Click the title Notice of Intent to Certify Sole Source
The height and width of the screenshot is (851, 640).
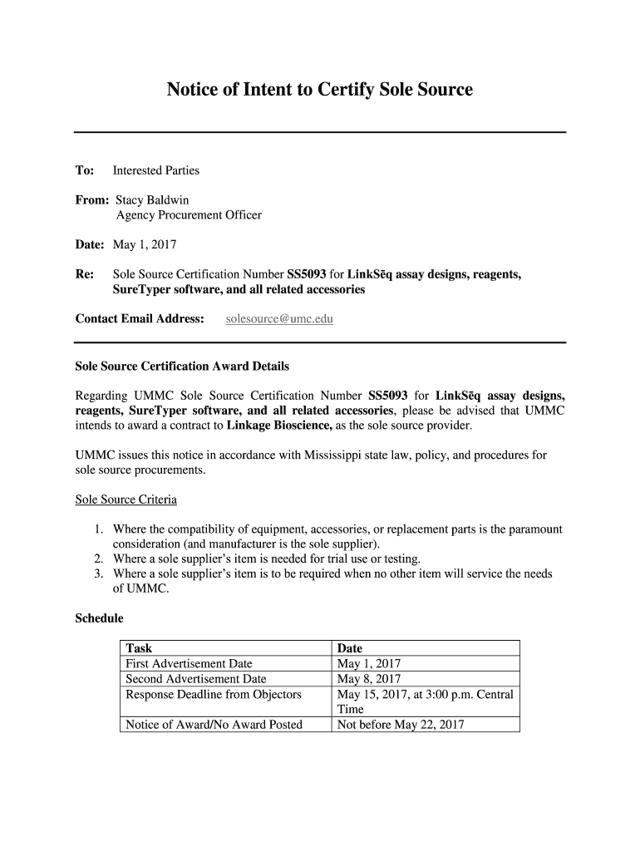[319, 90]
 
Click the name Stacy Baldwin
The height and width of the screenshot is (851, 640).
[150, 200]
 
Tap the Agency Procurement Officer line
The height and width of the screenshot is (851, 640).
[189, 215]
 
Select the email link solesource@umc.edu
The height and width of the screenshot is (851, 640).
[279, 319]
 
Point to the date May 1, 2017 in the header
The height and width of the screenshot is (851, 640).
[145, 245]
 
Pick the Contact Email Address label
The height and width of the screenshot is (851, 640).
[140, 319]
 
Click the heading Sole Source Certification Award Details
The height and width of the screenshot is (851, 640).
[182, 366]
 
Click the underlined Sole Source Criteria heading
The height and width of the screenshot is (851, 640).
[126, 499]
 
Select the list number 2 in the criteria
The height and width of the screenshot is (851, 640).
[98, 558]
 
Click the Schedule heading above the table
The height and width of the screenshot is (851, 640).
[99, 618]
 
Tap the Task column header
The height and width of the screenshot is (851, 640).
[139, 648]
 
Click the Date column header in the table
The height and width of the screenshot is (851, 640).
[350, 648]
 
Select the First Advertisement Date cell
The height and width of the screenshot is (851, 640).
[189, 664]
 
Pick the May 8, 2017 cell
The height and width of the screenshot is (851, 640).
[369, 679]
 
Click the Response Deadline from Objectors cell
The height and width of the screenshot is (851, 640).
[213, 694]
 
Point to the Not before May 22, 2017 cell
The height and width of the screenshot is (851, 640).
[400, 725]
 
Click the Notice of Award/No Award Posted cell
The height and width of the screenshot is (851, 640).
[214, 725]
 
